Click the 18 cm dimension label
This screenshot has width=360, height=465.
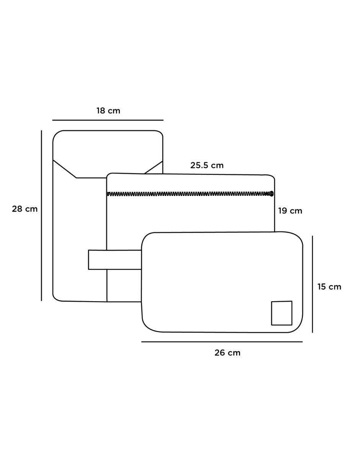[108, 111]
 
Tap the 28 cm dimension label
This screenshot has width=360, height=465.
[25, 209]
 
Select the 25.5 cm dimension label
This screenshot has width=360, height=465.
[207, 165]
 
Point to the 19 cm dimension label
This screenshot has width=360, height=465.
[290, 211]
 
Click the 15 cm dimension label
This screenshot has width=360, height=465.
[329, 287]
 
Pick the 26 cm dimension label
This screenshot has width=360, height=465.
[227, 352]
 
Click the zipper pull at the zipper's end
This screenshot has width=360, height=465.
[272, 194]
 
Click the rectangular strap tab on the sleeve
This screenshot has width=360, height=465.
[115, 259]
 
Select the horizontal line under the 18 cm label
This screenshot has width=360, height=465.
[108, 120]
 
